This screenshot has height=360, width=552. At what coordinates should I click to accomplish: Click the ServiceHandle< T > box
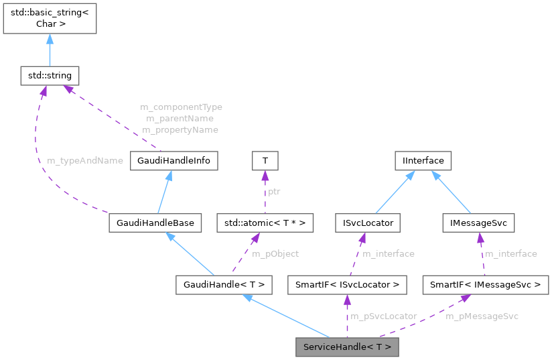(347, 347)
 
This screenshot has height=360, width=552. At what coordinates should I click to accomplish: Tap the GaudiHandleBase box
(155, 223)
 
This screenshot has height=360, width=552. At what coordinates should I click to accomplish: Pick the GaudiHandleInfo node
(174, 161)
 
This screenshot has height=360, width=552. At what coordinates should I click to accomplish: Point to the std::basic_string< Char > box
(50, 17)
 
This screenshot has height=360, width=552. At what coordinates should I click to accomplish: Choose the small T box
(265, 161)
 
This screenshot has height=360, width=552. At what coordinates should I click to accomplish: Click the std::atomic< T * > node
(264, 223)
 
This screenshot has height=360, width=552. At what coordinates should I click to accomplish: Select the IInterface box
(423, 161)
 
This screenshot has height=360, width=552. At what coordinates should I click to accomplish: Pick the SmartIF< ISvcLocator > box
(347, 285)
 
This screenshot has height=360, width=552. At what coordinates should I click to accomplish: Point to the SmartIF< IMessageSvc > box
(486, 285)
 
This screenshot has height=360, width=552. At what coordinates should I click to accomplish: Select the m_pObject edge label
(275, 254)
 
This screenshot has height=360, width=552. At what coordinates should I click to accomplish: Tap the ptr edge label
(275, 192)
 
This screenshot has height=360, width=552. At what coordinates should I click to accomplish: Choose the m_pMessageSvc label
(482, 316)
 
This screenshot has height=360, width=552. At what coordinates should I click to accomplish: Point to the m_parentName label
(181, 118)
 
